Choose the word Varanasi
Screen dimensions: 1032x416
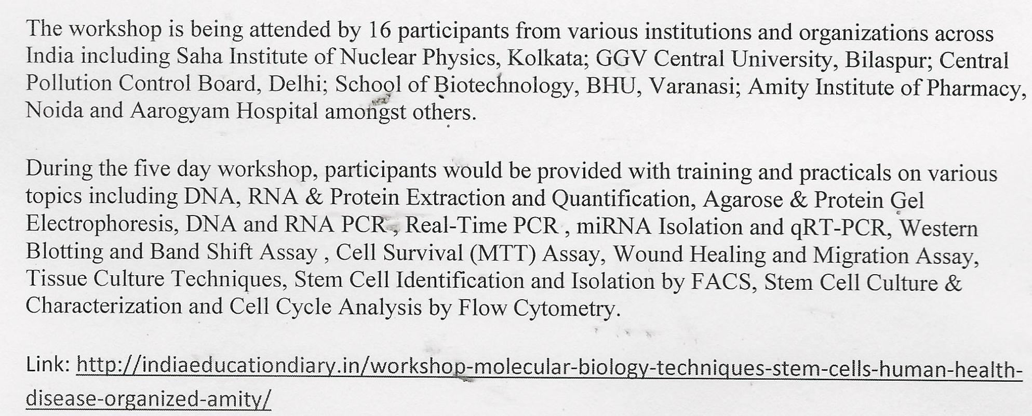[x=695, y=87]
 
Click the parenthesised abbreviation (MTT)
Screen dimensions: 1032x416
[x=502, y=253]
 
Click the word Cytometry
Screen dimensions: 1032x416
[x=567, y=308]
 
